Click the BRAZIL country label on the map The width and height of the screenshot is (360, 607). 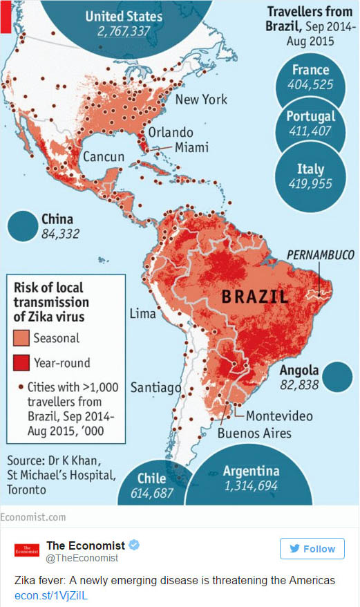coord(254,297)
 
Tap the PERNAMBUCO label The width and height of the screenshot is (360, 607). coord(320,255)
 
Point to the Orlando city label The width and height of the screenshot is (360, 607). coord(171,131)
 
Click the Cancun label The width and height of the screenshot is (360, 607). coord(104,157)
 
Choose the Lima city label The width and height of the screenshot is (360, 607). coord(143,314)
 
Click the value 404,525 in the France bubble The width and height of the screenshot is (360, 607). coord(310,85)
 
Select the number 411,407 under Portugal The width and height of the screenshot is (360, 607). coord(310,131)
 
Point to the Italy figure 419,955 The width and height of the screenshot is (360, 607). coord(310,184)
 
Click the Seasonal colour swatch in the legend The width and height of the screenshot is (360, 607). coord(20,338)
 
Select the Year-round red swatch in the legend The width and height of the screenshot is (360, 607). coord(20,362)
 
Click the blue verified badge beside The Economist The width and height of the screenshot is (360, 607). coord(134,545)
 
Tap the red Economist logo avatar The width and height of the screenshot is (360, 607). coord(27,551)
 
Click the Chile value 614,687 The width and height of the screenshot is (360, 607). coord(151,493)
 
